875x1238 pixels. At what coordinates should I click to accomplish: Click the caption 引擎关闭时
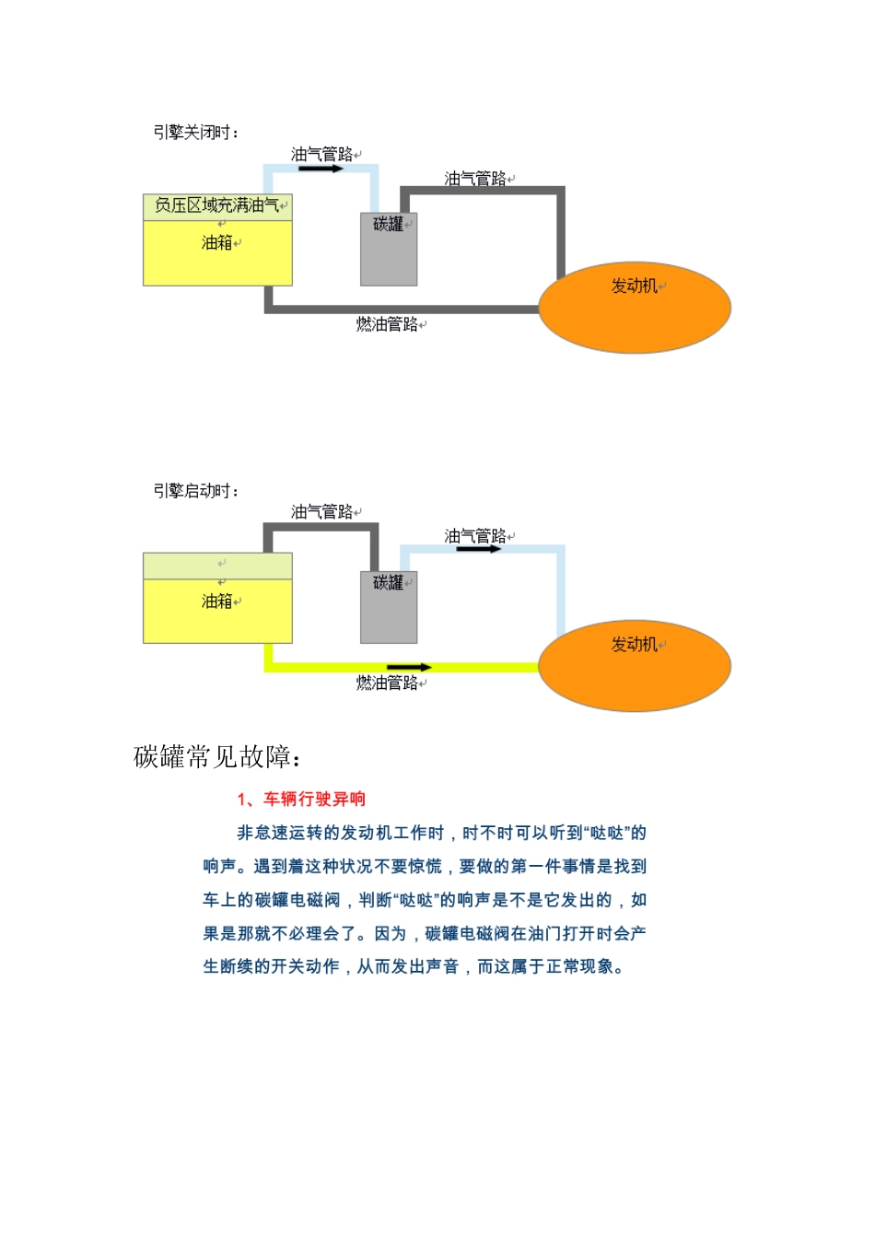(x=195, y=133)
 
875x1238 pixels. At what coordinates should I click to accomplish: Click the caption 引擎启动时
(x=195, y=491)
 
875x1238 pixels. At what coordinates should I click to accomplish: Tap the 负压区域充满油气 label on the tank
(x=217, y=205)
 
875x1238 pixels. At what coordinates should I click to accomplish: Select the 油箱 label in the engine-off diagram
(x=217, y=243)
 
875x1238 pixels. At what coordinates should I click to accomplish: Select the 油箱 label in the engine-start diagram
(x=217, y=601)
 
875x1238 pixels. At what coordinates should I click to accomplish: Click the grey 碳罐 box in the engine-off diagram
(x=389, y=253)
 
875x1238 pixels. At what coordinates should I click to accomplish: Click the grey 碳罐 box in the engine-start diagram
(x=389, y=612)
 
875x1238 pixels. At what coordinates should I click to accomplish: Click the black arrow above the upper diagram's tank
(x=321, y=169)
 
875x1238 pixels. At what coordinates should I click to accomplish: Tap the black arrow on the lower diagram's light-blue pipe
(x=479, y=549)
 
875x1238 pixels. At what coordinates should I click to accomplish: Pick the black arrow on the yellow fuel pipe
(x=409, y=667)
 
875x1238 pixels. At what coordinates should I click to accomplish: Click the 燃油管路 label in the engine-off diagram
(x=388, y=324)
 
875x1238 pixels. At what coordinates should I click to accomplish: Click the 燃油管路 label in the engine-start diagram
(x=388, y=683)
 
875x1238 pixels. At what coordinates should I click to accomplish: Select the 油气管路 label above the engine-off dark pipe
(x=475, y=179)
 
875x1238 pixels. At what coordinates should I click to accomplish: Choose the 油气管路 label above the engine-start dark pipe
(x=322, y=512)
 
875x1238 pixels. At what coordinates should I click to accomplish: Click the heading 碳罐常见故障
(x=217, y=757)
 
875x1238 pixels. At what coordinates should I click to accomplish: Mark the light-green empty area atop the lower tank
(x=217, y=565)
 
